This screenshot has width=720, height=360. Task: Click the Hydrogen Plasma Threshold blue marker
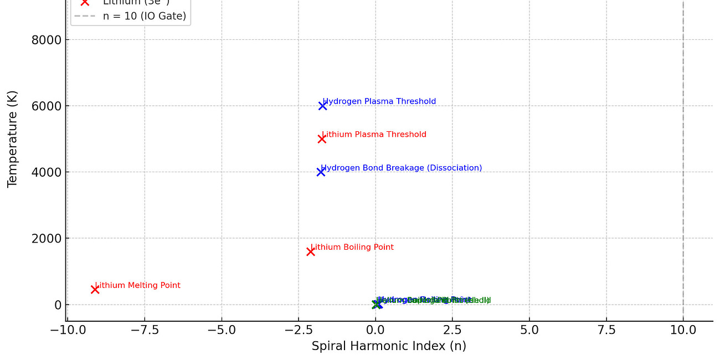(322, 106)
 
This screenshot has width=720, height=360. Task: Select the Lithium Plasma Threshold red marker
(322, 139)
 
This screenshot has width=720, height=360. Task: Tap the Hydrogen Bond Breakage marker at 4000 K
(321, 172)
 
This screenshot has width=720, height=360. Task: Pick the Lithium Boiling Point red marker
(311, 251)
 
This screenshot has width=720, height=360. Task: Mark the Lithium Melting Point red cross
(95, 289)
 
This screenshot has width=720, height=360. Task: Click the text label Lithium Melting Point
(138, 286)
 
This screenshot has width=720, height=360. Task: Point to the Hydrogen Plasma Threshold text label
(379, 101)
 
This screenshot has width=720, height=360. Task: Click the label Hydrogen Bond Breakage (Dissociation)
(402, 168)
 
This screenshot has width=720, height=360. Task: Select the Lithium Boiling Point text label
(352, 247)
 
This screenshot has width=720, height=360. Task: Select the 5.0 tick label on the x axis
(529, 331)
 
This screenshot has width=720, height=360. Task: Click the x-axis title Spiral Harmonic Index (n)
(389, 347)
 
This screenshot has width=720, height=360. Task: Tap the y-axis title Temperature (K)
(13, 139)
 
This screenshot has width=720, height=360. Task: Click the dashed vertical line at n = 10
(683, 166)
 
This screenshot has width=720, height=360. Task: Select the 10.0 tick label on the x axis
(683, 331)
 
